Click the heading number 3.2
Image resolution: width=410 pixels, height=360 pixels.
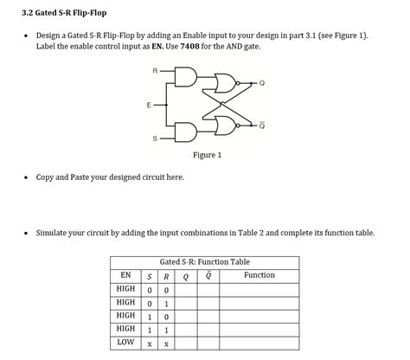click(27, 13)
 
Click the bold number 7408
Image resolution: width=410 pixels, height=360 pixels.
click(189, 46)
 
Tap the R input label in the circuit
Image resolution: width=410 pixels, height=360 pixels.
click(155, 71)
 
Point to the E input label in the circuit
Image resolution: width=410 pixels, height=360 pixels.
click(149, 105)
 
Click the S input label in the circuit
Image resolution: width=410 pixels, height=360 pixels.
click(155, 138)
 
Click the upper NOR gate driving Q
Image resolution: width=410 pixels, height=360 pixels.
click(227, 83)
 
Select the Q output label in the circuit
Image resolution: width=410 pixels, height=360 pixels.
click(262, 83)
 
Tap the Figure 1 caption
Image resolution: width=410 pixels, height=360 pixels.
click(208, 155)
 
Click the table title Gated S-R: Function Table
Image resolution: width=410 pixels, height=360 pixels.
click(205, 262)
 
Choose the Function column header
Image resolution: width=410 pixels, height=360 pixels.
click(259, 275)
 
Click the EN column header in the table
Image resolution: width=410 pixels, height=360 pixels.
click(125, 275)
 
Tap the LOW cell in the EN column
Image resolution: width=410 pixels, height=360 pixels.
click(125, 342)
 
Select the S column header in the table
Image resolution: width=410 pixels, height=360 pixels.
click(150, 277)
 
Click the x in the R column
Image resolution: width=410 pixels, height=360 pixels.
click(166, 344)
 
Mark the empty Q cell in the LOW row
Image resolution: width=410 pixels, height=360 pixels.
click(186, 344)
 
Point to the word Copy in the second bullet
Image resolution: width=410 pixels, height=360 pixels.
click(45, 177)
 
